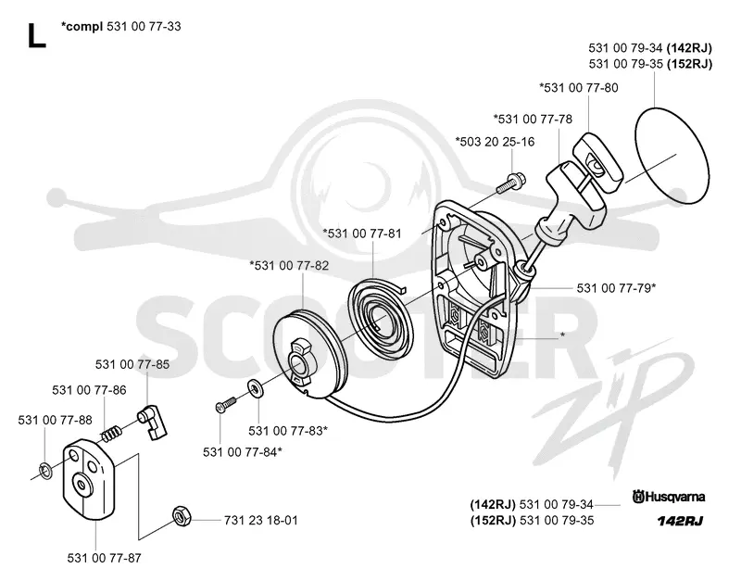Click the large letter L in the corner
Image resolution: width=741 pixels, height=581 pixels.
coord(37,35)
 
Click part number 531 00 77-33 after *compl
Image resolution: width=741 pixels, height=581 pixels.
coord(144,27)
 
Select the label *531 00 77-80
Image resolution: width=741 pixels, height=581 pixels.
coord(579,88)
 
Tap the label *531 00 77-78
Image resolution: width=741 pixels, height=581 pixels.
coord(533,120)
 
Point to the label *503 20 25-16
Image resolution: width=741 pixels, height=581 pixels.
coord(495,142)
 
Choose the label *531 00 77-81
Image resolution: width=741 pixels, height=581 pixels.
coord(362,234)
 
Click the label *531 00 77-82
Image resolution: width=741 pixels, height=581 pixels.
coord(289,266)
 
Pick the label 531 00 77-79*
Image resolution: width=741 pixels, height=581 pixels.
coord(616,288)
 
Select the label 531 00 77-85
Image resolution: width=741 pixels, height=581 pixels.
coord(132,364)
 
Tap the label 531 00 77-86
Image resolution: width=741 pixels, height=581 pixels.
coord(89,390)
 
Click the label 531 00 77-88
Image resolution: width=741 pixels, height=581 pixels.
coord(56,420)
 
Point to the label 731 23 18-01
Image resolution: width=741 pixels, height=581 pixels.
coord(261,521)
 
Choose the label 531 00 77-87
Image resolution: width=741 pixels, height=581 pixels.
coord(105,559)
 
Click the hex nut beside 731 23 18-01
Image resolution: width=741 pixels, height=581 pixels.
coord(182,515)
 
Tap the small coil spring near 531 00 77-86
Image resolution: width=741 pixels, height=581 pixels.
coord(111,434)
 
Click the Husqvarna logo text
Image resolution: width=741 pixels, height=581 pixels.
coord(669,497)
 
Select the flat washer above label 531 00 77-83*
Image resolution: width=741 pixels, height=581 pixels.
coord(257,388)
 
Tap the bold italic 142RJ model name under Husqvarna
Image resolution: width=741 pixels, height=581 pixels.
coord(680,521)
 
